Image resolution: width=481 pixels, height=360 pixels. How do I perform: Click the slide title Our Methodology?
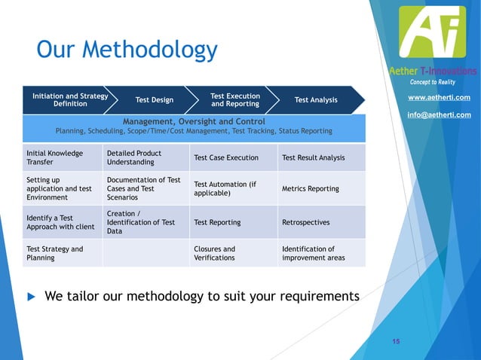pos(127,51)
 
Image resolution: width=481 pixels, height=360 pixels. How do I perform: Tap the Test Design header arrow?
pos(154,100)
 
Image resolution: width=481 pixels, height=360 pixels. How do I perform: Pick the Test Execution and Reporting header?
pos(235,100)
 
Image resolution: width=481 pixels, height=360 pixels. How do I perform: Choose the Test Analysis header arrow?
pos(316,100)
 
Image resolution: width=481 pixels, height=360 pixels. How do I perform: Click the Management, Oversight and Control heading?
pos(194,121)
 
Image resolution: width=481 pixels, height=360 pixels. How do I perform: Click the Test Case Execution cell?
pos(226,157)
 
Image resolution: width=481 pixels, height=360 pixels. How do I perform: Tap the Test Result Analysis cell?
pos(313,157)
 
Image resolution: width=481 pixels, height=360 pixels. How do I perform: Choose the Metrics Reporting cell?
pos(310,188)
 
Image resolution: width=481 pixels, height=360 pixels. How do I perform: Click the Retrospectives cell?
pos(305,223)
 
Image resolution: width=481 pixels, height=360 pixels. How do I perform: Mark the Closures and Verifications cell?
pos(215,253)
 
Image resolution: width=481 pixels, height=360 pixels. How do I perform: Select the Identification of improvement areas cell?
pos(313,253)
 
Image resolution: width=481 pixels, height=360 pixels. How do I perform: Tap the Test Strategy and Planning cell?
pos(55,253)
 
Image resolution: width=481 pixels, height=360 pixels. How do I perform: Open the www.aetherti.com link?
pos(439,98)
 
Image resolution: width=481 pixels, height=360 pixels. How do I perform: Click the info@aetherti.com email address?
pos(439,114)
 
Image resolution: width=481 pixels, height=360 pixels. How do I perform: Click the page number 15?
pos(396,342)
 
